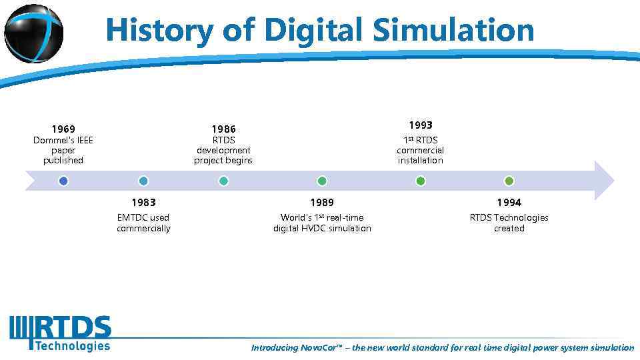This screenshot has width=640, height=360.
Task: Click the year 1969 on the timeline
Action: (x=63, y=129)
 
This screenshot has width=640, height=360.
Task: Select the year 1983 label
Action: (x=143, y=202)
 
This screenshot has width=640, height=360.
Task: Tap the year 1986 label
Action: (x=223, y=129)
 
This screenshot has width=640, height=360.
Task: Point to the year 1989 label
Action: (x=322, y=202)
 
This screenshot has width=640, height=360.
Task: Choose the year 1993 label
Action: (x=421, y=125)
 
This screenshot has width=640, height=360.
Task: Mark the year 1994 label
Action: (x=509, y=202)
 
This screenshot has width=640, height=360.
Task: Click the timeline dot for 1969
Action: (x=63, y=181)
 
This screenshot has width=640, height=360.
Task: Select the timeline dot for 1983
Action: (x=143, y=181)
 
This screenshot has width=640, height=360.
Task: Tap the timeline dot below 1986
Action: (x=223, y=181)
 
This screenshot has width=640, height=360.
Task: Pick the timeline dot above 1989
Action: (x=322, y=181)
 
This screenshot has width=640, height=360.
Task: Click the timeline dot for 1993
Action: (x=421, y=181)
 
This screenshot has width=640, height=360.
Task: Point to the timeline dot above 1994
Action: (x=509, y=181)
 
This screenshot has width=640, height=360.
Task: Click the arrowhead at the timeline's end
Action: (x=603, y=181)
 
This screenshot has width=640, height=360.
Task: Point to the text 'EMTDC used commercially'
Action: (x=143, y=223)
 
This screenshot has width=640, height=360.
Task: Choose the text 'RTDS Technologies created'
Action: (x=509, y=223)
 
